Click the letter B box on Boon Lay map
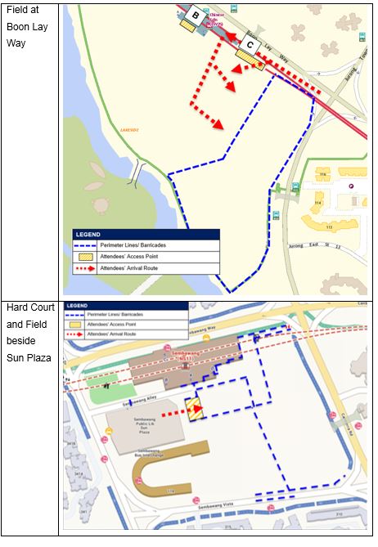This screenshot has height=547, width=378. (196, 15)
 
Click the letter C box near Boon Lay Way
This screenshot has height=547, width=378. (252, 45)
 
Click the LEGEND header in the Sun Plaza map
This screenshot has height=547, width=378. (80, 306)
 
